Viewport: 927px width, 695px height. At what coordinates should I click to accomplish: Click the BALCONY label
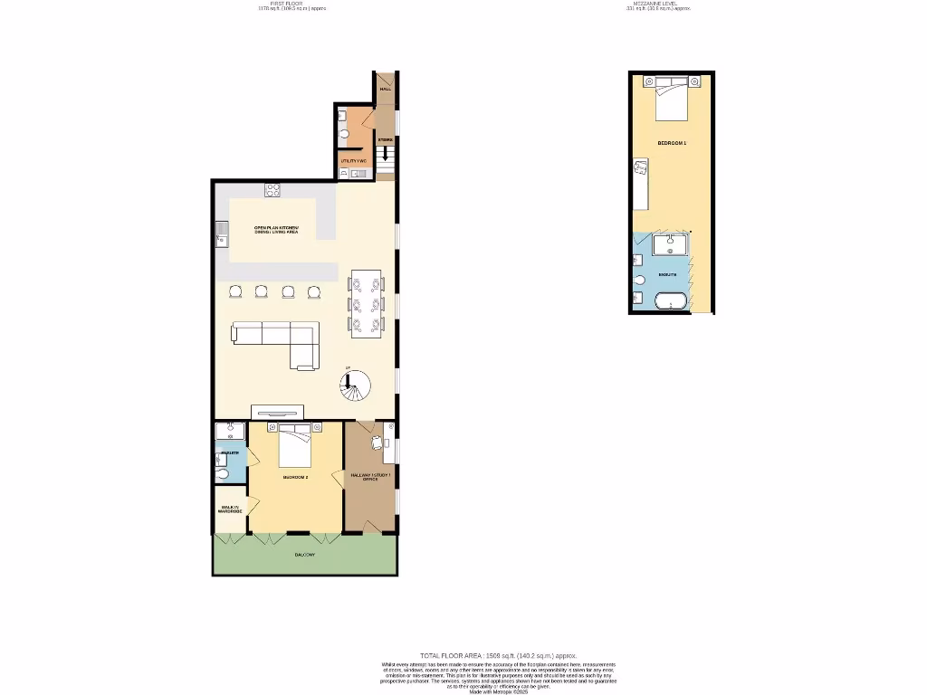305,554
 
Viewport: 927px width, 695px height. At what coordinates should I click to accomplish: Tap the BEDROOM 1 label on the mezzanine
672,144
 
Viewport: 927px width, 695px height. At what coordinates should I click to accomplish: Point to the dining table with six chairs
367,303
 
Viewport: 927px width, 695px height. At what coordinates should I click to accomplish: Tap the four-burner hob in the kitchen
272,189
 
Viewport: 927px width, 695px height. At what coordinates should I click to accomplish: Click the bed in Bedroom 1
671,98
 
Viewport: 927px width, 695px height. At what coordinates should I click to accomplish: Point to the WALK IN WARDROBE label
230,509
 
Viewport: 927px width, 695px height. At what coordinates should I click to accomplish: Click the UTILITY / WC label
353,160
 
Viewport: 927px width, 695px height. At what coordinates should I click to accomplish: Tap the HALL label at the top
386,90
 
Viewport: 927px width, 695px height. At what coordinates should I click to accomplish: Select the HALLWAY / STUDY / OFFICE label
370,477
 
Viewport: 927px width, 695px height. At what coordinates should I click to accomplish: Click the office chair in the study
377,443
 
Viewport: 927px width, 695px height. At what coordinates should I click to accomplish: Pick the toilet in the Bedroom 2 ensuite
222,474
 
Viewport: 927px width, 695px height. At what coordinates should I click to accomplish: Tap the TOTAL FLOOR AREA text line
498,655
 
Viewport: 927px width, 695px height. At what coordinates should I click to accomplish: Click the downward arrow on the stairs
387,155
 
